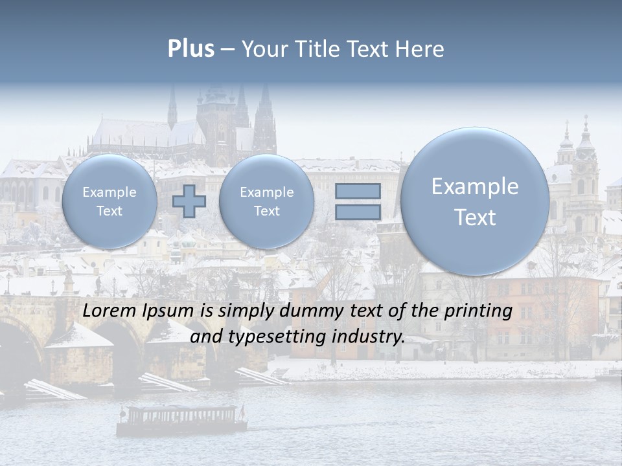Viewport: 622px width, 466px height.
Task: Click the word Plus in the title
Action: tap(190, 49)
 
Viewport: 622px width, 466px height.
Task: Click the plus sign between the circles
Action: tap(189, 201)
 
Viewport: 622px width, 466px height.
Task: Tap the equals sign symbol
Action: tap(357, 201)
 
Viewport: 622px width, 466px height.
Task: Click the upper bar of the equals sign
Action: tap(357, 192)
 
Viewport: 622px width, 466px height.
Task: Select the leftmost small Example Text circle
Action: tap(109, 201)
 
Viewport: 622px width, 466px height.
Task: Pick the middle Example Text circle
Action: tap(266, 201)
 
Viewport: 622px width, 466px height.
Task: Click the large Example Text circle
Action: tap(475, 201)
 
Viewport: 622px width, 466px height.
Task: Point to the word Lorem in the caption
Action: tap(106, 311)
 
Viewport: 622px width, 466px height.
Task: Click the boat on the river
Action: tap(181, 419)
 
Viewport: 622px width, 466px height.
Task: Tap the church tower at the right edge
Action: tap(586, 175)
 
